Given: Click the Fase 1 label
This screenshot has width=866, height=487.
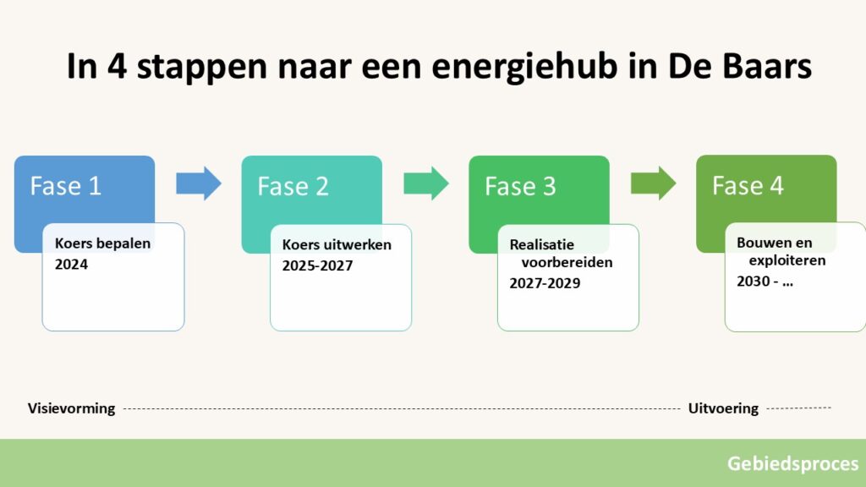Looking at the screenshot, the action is pyautogui.click(x=66, y=186).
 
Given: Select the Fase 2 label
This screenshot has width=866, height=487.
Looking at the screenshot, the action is pyautogui.click(x=293, y=186).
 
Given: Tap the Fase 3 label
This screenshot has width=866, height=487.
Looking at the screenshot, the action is pyautogui.click(x=520, y=186).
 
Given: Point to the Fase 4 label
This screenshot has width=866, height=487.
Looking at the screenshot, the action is pyautogui.click(x=748, y=185).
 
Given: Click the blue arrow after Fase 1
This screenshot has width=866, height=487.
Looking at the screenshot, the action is pyautogui.click(x=199, y=183).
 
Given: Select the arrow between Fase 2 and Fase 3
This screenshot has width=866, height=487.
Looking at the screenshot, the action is pyautogui.click(x=426, y=183).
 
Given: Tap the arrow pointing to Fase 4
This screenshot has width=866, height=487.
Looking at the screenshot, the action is pyautogui.click(x=654, y=183).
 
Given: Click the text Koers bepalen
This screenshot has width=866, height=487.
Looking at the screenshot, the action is pyautogui.click(x=102, y=243).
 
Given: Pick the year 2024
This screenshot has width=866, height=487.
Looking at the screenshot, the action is pyautogui.click(x=71, y=265).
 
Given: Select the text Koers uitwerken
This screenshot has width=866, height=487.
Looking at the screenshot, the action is pyautogui.click(x=337, y=244).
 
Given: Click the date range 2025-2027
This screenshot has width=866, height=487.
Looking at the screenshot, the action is pyautogui.click(x=318, y=265).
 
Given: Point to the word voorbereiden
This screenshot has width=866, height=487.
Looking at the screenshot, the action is pyautogui.click(x=567, y=262).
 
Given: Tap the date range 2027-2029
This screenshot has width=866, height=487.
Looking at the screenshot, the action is pyautogui.click(x=545, y=283).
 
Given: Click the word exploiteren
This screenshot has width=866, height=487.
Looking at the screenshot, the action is pyautogui.click(x=787, y=260).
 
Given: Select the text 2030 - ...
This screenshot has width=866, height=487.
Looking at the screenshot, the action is pyautogui.click(x=758, y=281).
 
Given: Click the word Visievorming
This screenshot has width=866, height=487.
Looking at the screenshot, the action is pyautogui.click(x=72, y=408).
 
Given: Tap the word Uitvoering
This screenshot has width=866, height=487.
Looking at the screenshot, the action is pyautogui.click(x=724, y=408).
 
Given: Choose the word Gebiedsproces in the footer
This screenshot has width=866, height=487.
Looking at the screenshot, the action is pyautogui.click(x=793, y=464).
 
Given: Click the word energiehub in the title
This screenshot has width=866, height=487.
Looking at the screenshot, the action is pyautogui.click(x=524, y=67).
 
